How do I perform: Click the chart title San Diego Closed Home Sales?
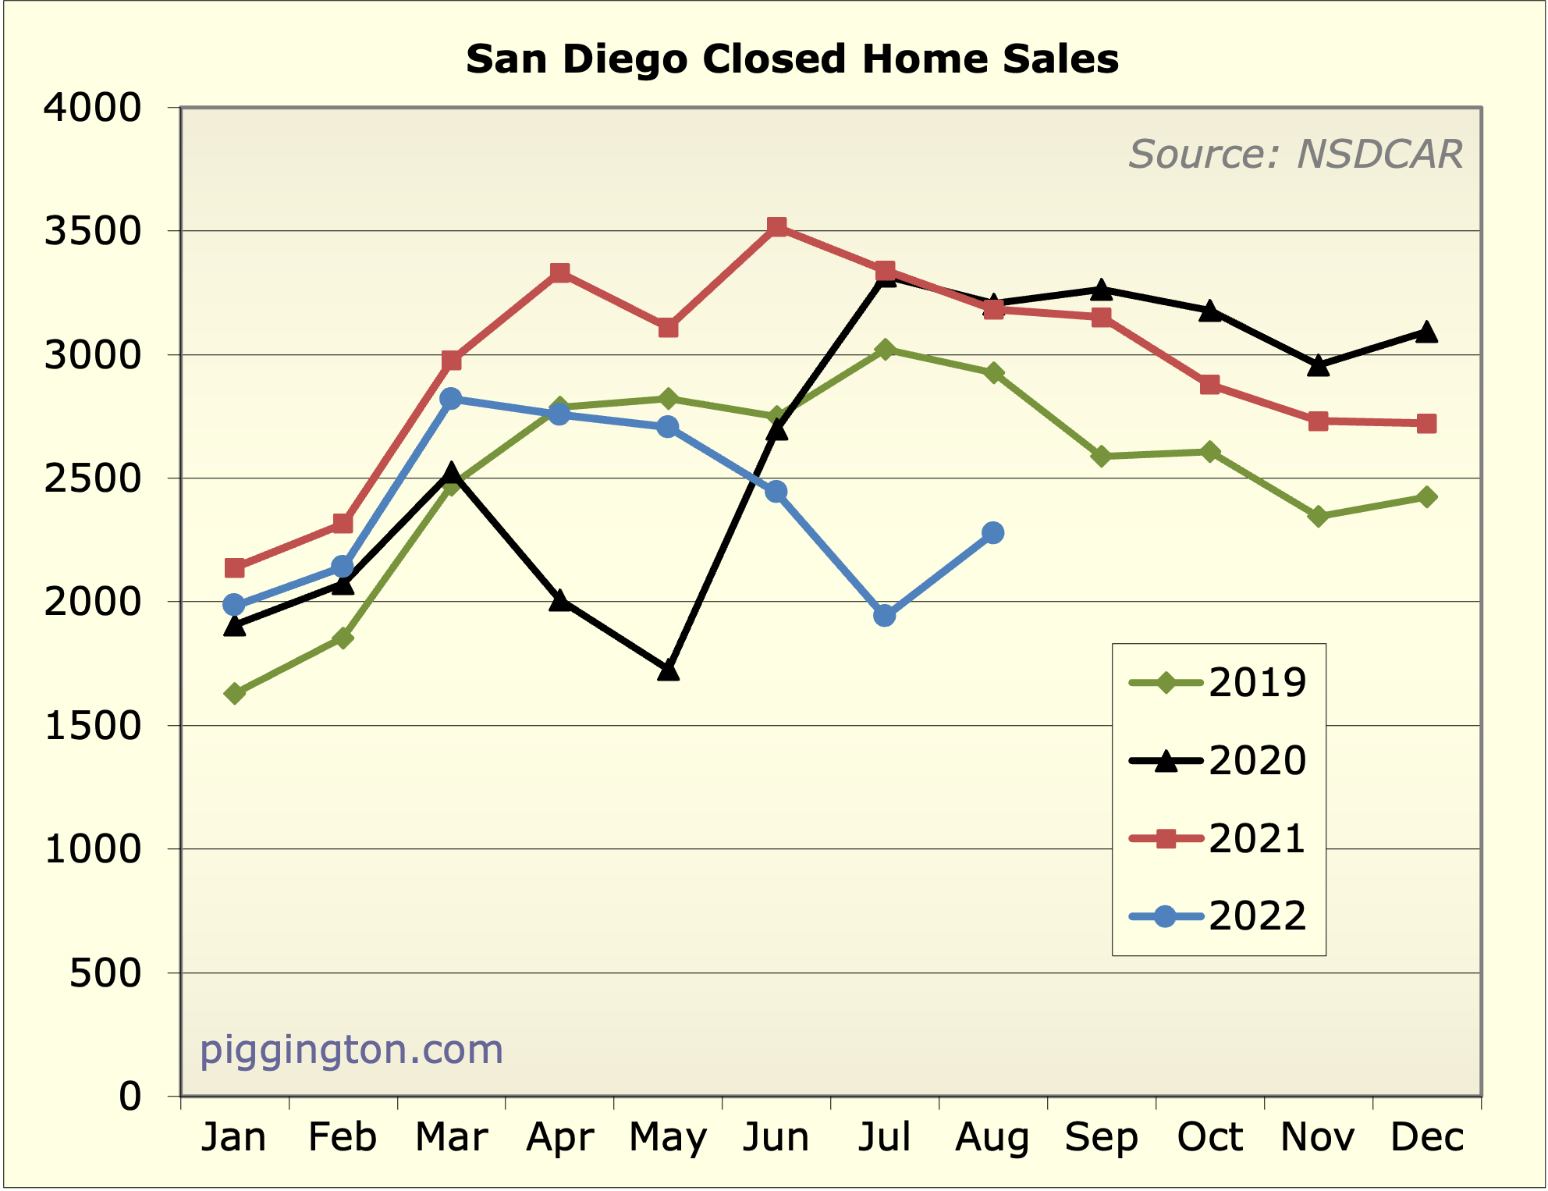pyautogui.click(x=792, y=59)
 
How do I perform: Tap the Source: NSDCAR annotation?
pyautogui.click(x=1295, y=154)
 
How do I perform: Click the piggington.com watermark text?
pyautogui.click(x=351, y=1050)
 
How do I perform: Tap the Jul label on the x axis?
pyautogui.click(x=884, y=1137)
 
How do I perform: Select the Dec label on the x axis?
pyautogui.click(x=1427, y=1137)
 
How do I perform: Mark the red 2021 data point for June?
pyautogui.click(x=776, y=227)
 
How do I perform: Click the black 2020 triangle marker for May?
pyautogui.click(x=668, y=670)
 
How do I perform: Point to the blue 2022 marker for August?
pyautogui.click(x=992, y=533)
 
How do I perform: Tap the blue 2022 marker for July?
pyautogui.click(x=884, y=616)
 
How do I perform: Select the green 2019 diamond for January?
pyautogui.click(x=234, y=693)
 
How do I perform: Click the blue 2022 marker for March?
pyautogui.click(x=451, y=398)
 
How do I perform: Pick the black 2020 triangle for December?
pyautogui.click(x=1426, y=332)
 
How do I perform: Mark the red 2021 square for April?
pyautogui.click(x=559, y=272)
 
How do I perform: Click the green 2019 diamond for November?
pyautogui.click(x=1318, y=516)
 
